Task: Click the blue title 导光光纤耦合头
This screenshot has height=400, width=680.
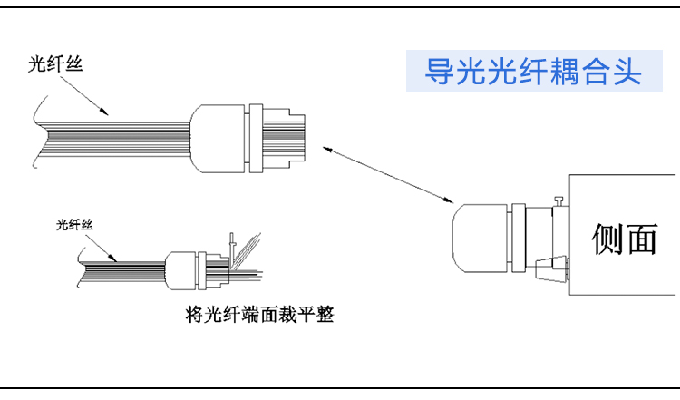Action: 533,72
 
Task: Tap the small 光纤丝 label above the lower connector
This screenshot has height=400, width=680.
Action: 74,223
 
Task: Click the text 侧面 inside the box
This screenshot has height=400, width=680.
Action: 623,239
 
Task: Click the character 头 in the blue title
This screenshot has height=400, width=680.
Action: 626,72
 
